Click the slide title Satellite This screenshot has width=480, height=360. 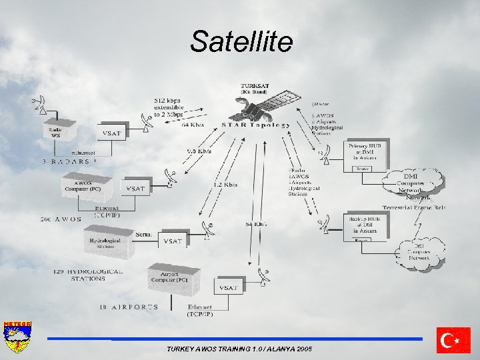click(241, 42)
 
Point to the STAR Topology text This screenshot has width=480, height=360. click(256, 125)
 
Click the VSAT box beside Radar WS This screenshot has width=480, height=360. click(113, 134)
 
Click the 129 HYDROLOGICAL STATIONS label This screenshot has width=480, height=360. click(88, 275)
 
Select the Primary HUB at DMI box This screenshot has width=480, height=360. click(364, 151)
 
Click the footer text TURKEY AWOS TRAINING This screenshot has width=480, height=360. click(239, 349)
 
